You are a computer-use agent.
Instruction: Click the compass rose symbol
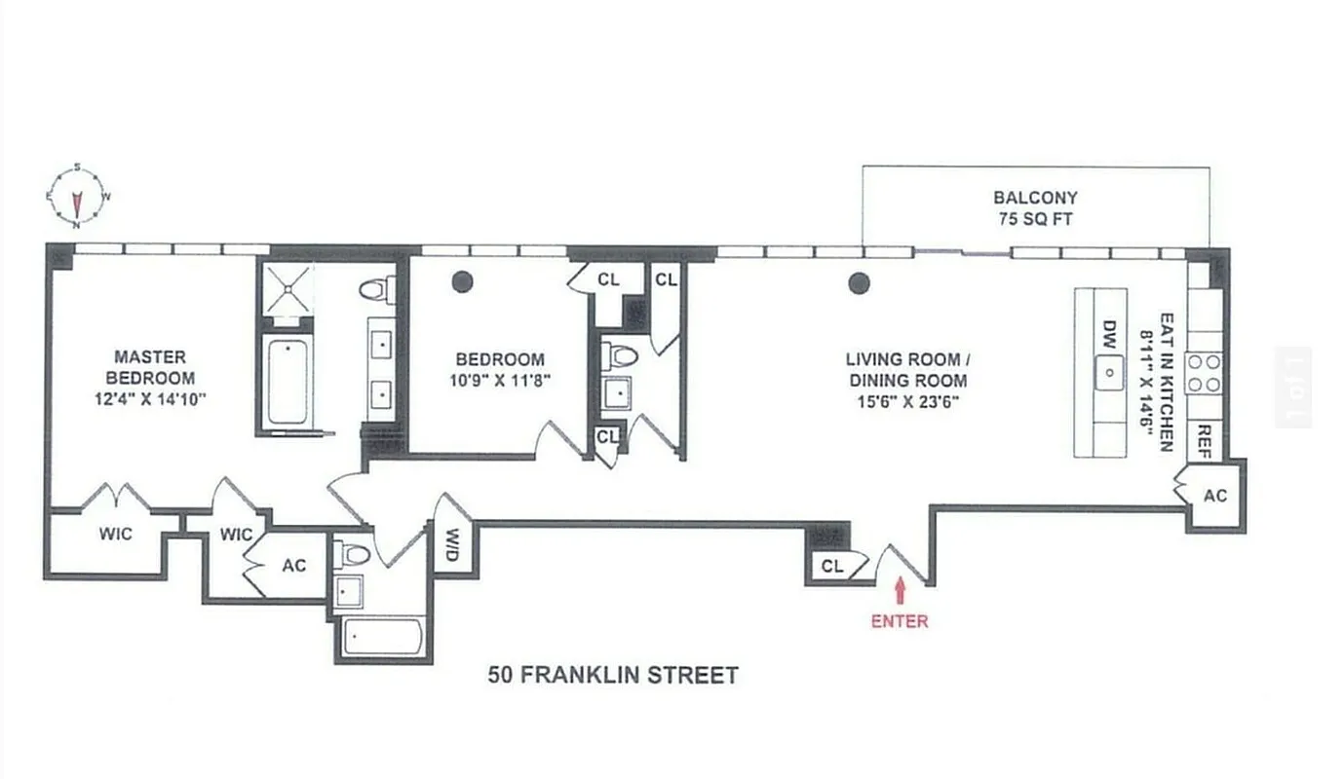tap(77, 195)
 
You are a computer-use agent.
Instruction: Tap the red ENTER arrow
tap(899, 589)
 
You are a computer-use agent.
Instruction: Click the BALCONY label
tap(1035, 198)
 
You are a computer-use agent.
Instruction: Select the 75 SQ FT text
tap(1035, 219)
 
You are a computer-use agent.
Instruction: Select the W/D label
tap(452, 544)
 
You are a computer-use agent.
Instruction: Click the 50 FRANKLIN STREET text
tap(613, 675)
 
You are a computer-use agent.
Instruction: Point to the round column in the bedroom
tap(462, 282)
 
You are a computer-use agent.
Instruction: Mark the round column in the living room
tap(859, 283)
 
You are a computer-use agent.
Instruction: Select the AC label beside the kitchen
tap(1214, 496)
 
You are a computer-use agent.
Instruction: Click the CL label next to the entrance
tap(831, 566)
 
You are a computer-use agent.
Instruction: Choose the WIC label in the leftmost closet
tap(115, 534)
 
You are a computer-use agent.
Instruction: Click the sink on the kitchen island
tap(1109, 372)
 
